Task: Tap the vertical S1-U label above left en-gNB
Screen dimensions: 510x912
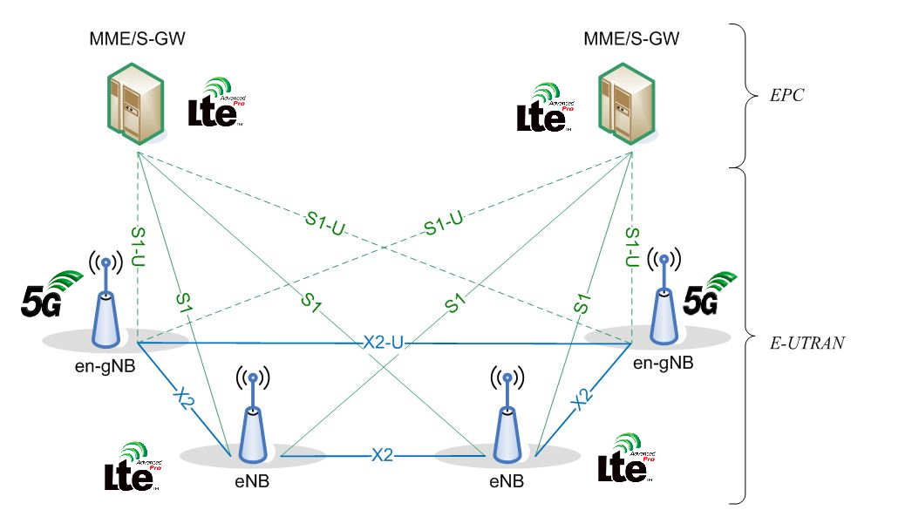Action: [138, 247]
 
